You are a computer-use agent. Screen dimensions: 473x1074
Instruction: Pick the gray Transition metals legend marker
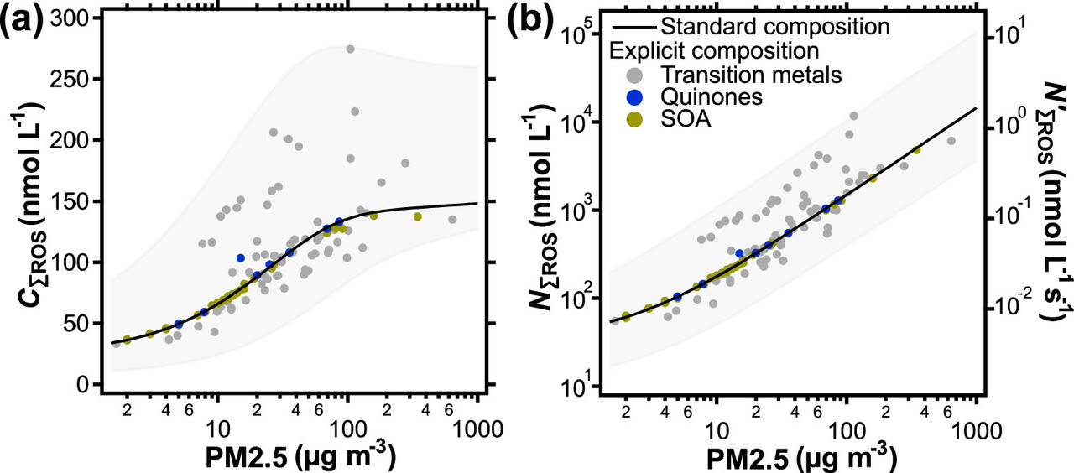(x=633, y=75)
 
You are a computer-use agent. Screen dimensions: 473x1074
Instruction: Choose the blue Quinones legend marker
(x=633, y=97)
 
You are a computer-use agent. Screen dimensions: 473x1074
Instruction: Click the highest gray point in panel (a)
(x=350, y=49)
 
